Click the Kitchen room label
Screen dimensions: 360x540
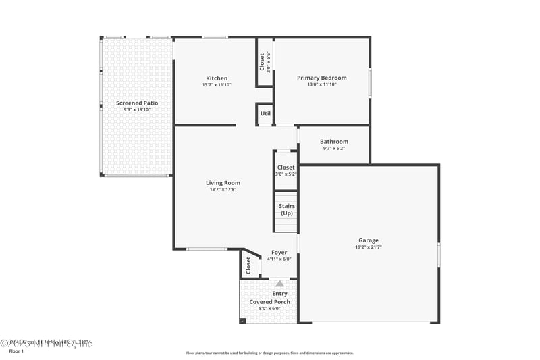[217, 78]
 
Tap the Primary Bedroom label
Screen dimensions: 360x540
[322, 78]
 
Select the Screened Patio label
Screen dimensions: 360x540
[137, 103]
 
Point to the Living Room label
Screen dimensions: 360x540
[223, 182]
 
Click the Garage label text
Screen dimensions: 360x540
[369, 240]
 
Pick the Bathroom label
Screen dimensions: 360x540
[334, 141]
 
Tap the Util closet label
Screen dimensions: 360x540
[265, 113]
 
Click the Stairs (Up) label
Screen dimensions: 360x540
[286, 209]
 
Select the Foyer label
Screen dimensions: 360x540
[279, 252]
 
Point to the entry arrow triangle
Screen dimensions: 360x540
[279, 284]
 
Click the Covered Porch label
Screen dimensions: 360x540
[270, 301]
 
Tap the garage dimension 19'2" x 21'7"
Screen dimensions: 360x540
[369, 248]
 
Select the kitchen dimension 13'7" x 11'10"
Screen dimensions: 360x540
[217, 85]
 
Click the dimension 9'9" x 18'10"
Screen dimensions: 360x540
[137, 109]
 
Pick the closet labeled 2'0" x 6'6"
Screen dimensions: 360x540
[265, 61]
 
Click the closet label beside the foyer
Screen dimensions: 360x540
[248, 264]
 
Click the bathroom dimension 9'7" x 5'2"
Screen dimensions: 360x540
[334, 148]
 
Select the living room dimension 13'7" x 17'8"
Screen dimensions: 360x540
[223, 190]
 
